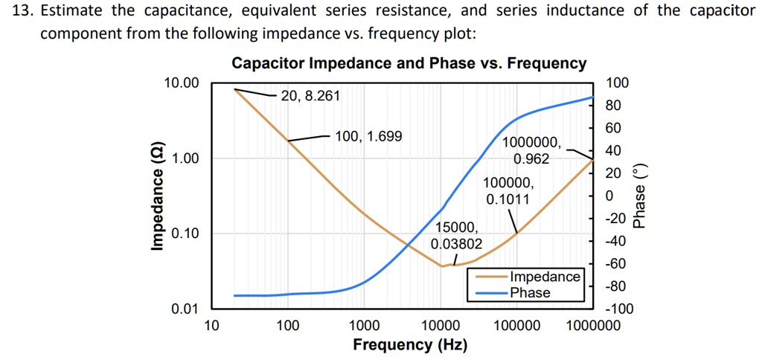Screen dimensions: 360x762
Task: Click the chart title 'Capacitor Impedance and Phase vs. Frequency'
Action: pos(409,63)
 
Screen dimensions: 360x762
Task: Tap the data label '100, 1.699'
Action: pos(368,136)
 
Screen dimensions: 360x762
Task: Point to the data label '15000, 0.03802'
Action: pos(456,235)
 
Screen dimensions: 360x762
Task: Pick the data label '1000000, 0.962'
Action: pos(530,151)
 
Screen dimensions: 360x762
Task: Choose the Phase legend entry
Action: pos(530,292)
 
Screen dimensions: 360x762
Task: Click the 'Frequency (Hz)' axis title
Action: pos(410,345)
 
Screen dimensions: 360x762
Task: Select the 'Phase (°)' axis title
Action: pos(639,196)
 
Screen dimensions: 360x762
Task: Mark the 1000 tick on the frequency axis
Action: pos(364,326)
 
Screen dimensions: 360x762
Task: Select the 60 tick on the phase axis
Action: pos(612,129)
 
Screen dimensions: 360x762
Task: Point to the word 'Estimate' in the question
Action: pos(77,11)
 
